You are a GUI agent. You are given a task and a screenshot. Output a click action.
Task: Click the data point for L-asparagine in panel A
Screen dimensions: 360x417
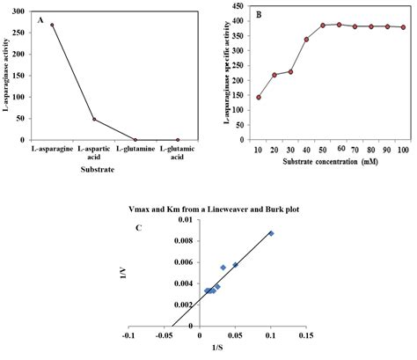[52, 25]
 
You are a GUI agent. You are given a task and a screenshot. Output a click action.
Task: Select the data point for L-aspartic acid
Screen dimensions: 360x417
[94, 119]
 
